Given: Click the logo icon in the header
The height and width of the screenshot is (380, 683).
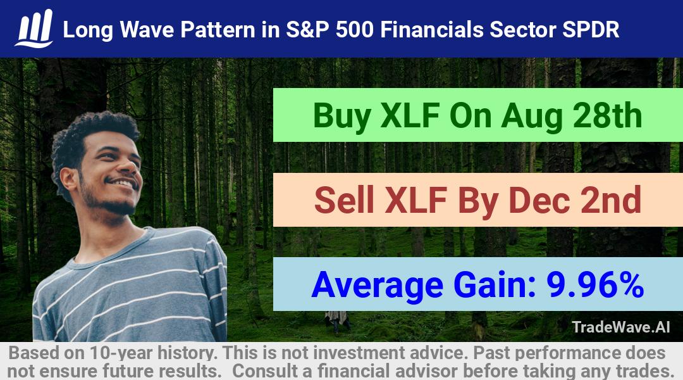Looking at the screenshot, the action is point(34,28).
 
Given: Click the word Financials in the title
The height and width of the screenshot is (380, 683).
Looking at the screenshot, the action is point(431,30).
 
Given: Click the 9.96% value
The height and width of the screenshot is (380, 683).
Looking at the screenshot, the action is point(595,284).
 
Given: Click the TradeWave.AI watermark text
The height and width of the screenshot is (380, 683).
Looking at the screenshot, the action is point(621,327).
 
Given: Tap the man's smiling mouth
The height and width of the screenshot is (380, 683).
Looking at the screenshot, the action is point(123,182).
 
